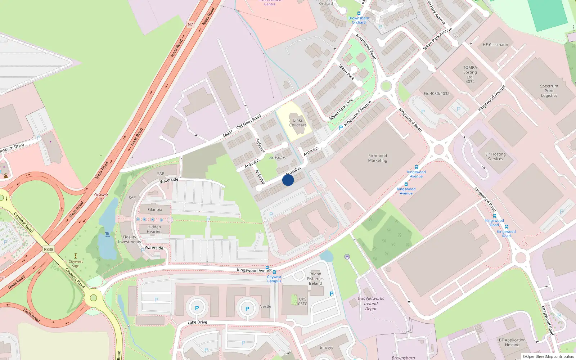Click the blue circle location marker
[288, 180]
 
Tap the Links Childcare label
[298, 123]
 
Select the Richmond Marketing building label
[378, 158]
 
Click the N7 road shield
[190, 24]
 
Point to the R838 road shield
[48, 249]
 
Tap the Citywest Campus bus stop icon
[275, 272]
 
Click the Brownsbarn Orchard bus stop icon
[359, 13]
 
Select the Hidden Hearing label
[154, 229]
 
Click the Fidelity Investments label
[130, 239]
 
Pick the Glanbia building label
[155, 210]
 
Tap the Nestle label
[265, 306]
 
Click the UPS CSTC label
[302, 301]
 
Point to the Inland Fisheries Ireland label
[315, 278]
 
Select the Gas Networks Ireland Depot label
[371, 303]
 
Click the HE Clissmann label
[495, 45]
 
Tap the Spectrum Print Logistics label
[549, 91]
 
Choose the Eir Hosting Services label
[495, 156]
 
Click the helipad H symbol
[347, 257]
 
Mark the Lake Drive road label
[197, 322]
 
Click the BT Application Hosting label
[512, 342]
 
